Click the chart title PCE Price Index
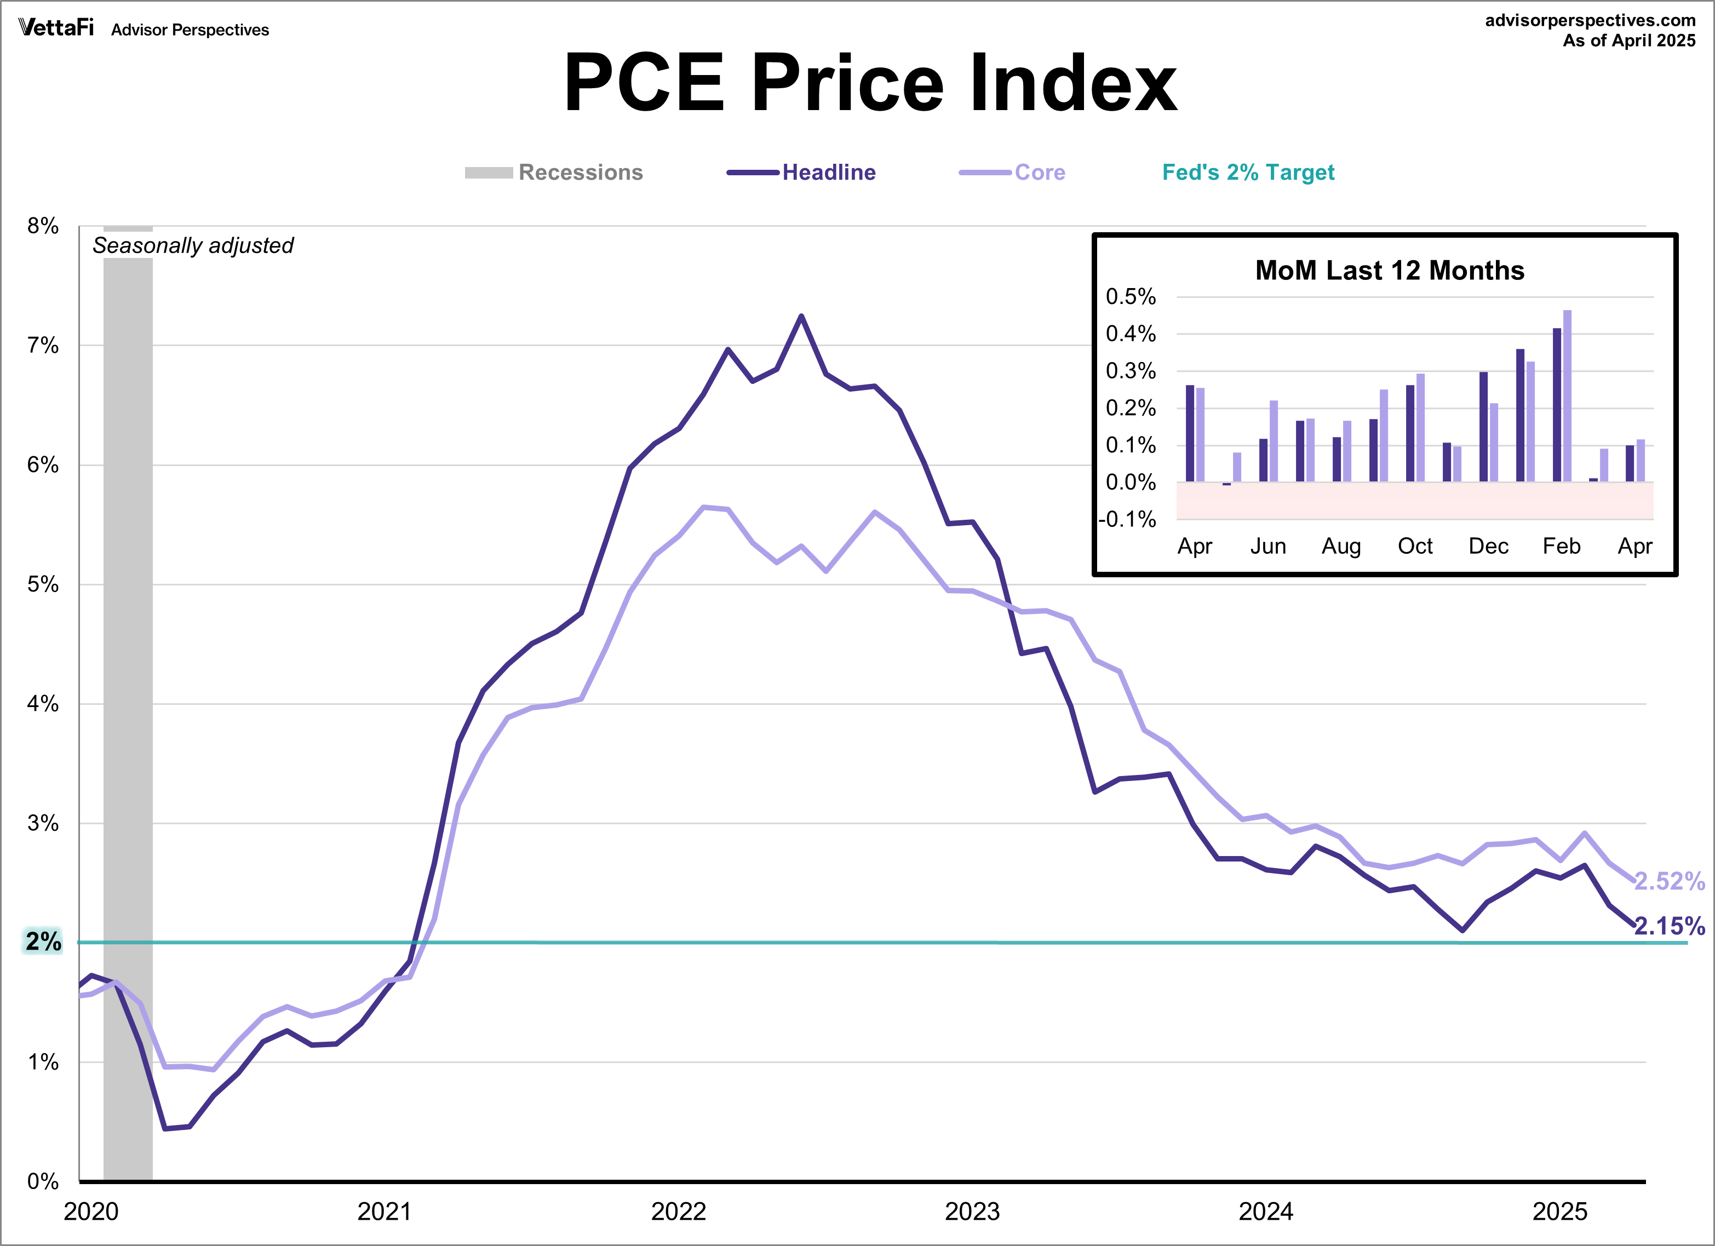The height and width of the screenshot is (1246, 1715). (x=870, y=83)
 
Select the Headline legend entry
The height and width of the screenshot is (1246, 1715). (x=828, y=173)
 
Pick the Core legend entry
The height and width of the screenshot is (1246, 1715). (x=1039, y=173)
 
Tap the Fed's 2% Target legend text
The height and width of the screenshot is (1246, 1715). (x=1248, y=173)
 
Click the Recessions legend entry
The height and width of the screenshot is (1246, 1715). (x=580, y=173)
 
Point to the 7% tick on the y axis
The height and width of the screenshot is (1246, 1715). (x=43, y=346)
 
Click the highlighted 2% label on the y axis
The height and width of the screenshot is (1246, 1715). (x=43, y=941)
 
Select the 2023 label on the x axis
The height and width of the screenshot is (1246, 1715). (x=972, y=1211)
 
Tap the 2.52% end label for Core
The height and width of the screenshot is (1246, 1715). (x=1669, y=881)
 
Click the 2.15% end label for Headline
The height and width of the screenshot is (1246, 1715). (x=1669, y=926)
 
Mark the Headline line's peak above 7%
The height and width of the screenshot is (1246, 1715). (x=801, y=316)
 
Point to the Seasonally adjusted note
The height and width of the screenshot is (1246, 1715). (x=193, y=246)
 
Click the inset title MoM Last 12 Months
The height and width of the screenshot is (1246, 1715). (x=1389, y=270)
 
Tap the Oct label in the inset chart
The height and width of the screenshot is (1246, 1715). (x=1415, y=546)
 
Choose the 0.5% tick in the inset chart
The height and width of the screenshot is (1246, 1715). (x=1131, y=296)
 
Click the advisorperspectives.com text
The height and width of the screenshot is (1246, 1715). (x=1590, y=20)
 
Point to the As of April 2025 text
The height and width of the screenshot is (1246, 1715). (x=1629, y=41)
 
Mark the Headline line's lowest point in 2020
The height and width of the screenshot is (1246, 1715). (x=165, y=1128)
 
